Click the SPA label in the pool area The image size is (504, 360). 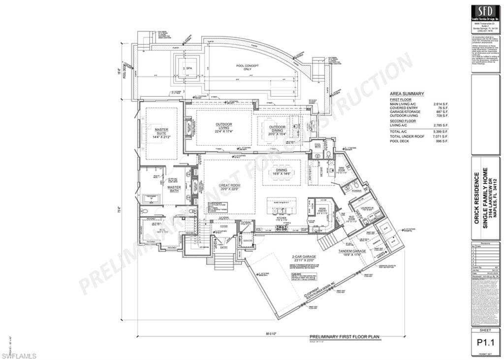[189, 68]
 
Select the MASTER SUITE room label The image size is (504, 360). [161, 132]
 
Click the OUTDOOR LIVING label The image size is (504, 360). [224, 127]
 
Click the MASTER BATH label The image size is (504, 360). [174, 189]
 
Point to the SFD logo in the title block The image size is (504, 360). [485, 12]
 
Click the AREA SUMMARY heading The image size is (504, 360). [407, 94]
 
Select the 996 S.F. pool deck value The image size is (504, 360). [442, 141]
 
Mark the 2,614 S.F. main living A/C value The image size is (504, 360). [441, 104]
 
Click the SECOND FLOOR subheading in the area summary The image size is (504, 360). [403, 121]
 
